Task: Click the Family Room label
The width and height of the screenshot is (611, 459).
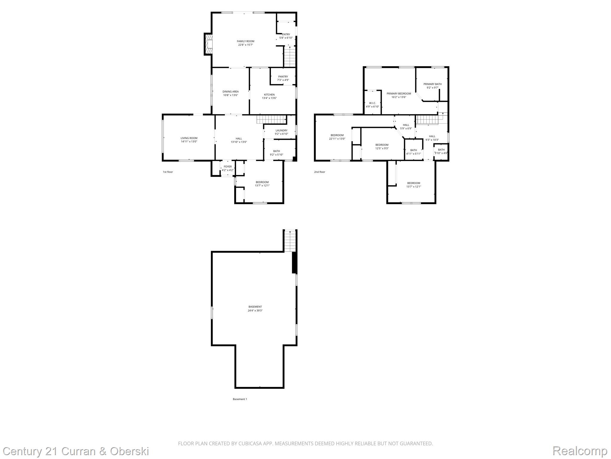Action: [246, 41]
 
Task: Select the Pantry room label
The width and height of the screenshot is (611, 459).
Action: [283, 76]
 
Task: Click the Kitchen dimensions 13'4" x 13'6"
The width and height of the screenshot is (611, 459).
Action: [269, 98]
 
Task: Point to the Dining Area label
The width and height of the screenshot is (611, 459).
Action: [231, 91]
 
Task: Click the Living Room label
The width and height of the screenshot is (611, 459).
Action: [189, 138]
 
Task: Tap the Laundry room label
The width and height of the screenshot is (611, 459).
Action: [281, 130]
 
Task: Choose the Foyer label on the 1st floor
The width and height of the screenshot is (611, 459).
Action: [228, 166]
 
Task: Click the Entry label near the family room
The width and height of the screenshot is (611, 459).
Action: [286, 34]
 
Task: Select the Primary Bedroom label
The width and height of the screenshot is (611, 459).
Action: [399, 94]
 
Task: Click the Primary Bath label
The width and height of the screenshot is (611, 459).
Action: [433, 84]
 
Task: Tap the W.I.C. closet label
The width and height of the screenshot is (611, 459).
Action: [373, 103]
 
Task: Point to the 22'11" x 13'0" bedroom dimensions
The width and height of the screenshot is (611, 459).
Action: [337, 139]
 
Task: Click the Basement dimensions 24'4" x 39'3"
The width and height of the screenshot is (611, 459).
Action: [255, 310]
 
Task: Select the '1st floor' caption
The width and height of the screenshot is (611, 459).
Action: [168, 172]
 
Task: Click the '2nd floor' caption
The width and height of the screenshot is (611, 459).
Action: [320, 172]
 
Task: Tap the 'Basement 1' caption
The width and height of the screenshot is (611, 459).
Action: [240, 399]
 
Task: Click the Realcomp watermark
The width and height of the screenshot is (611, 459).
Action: [580, 451]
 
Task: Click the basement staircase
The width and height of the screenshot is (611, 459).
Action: [290, 241]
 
